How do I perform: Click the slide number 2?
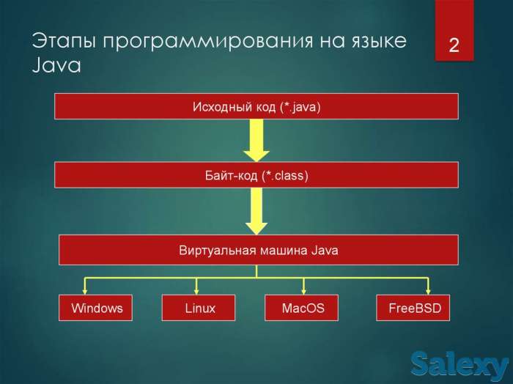tap(454, 45)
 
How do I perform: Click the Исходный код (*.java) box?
tap(256, 106)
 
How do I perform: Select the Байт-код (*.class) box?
tap(256, 175)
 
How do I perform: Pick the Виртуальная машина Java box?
tap(258, 250)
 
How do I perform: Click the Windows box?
tap(96, 308)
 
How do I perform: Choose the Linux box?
tap(199, 308)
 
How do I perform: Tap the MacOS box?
tap(302, 308)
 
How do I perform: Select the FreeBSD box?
tap(413, 308)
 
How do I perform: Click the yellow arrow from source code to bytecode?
tap(256, 140)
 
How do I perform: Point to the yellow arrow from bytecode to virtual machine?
tap(256, 210)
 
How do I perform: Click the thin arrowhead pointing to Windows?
tap(85, 290)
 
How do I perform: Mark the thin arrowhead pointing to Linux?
tap(196, 290)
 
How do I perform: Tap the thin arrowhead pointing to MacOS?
tap(303, 290)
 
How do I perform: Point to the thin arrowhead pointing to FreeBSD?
tap(429, 290)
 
